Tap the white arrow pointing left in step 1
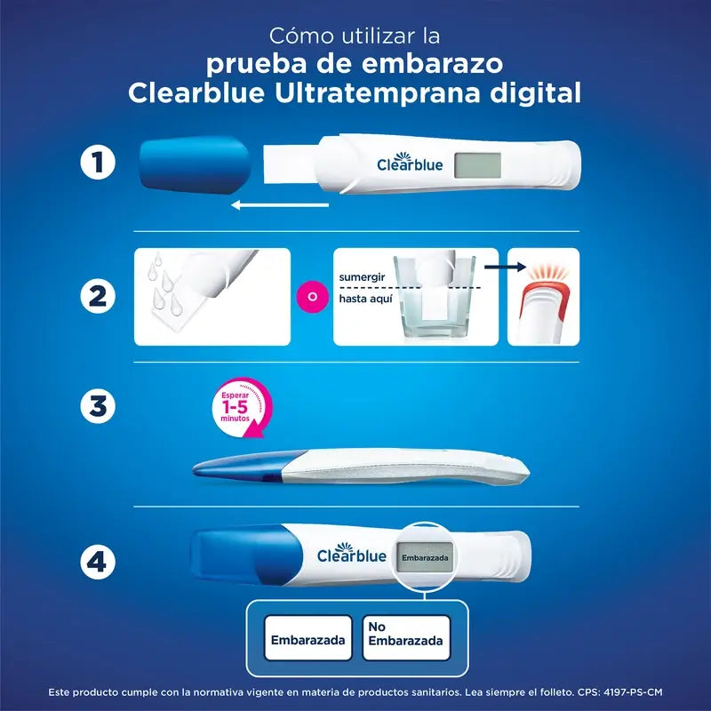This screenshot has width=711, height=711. click(x=279, y=205)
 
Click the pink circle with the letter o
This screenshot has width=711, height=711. click(x=311, y=295)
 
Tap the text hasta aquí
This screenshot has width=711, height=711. click(x=365, y=300)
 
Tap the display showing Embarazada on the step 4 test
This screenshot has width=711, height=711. click(x=425, y=557)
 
